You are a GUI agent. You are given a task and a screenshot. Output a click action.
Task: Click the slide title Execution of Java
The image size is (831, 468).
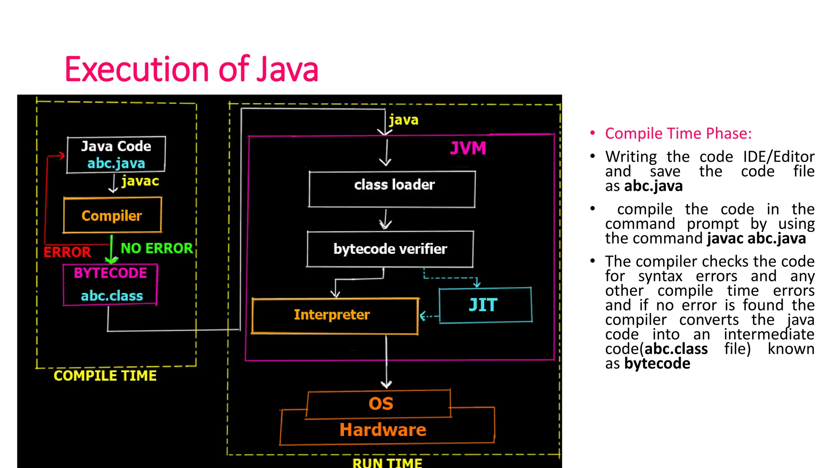point(191,69)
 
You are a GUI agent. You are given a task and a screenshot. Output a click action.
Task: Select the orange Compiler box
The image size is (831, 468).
point(112,215)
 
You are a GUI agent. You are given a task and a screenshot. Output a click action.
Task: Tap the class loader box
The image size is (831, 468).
point(392,189)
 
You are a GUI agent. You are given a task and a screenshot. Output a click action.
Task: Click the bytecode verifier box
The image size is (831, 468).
point(390,249)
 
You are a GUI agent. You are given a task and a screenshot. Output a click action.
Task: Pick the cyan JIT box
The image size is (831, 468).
point(485,305)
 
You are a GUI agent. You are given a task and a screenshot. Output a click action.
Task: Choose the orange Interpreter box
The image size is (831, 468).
point(334,316)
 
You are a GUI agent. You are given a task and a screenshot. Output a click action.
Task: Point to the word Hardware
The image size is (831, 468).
point(383,430)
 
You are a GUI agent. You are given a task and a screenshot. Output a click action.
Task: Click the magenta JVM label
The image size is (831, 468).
point(468,148)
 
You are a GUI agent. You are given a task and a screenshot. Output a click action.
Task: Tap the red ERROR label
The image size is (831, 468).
point(67,252)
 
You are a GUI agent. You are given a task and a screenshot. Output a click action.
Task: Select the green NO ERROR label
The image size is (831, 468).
point(157,248)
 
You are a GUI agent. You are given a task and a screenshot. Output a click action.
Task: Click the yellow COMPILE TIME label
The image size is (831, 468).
point(105,376)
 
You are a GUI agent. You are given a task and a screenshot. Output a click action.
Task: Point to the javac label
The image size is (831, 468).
point(140,181)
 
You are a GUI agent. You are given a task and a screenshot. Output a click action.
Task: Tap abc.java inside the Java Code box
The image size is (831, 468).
point(116,163)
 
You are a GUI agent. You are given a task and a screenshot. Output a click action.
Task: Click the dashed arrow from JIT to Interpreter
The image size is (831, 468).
point(428,316)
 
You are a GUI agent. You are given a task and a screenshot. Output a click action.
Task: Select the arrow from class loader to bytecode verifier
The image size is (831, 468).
point(385,220)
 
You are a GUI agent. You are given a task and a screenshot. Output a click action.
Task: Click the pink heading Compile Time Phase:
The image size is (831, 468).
point(678,134)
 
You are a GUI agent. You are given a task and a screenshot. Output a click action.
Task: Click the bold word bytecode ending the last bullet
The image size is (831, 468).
point(657,364)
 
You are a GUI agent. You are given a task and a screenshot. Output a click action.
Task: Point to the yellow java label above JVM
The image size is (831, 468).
point(403,120)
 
